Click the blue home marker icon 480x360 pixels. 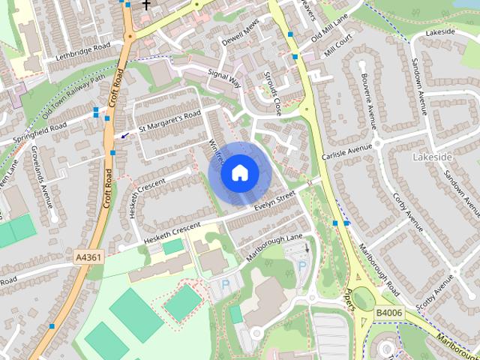pyautogui.click(x=239, y=173)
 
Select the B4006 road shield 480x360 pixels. pyautogui.click(x=389, y=313)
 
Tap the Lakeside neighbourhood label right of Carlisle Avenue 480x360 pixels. pyautogui.click(x=433, y=157)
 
